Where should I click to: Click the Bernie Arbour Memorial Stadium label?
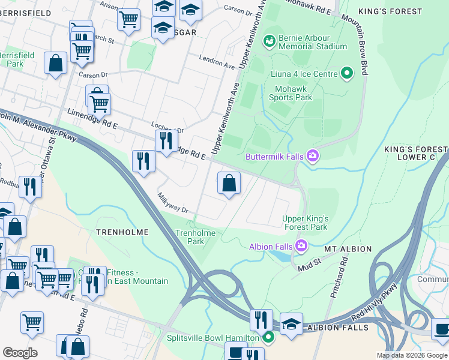tap(306, 41)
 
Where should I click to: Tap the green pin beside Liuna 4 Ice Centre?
tap(346, 74)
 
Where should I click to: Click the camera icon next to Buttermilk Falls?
tap(312, 157)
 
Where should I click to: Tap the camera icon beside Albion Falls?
tap(301, 246)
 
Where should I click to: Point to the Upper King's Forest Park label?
tap(305, 223)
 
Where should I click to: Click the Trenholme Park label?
tap(194, 237)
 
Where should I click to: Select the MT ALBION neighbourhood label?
tap(348, 248)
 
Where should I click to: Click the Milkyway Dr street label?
tap(173, 203)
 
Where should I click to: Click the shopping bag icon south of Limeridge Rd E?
tap(229, 184)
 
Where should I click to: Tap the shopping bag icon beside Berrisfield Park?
tap(55, 63)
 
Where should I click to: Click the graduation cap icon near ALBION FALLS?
tap(291, 324)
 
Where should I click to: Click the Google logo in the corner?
tap(20, 353)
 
